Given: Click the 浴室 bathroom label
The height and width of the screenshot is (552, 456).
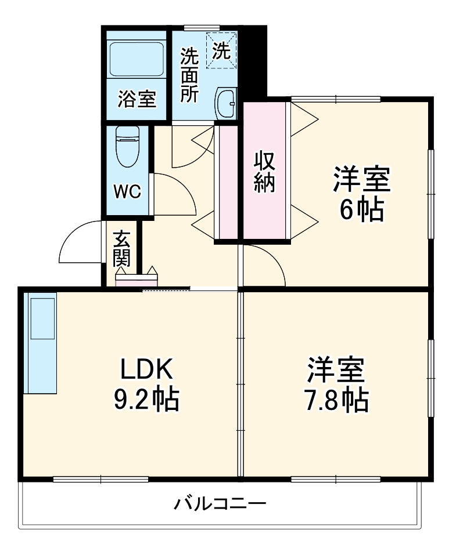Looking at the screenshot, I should (x=137, y=99).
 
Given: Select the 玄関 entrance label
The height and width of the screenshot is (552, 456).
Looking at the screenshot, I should (x=121, y=249).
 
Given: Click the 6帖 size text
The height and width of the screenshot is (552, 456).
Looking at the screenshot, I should (x=361, y=210).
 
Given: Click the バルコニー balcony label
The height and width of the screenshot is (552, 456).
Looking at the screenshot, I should (x=220, y=503).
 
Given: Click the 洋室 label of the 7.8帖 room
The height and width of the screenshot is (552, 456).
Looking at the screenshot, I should (x=336, y=369).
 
